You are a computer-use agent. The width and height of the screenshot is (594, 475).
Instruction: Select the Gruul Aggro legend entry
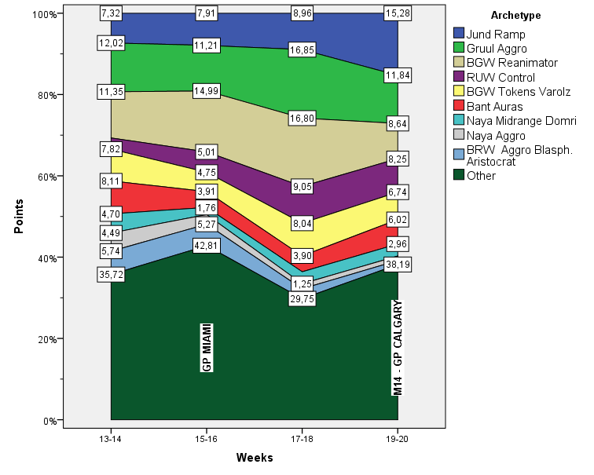point(495,48)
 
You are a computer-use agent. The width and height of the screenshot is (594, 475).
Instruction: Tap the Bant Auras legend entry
point(494,105)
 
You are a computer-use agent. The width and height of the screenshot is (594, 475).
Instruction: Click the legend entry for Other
point(481,175)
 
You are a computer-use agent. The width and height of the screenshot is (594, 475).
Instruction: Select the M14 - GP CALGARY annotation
point(398,348)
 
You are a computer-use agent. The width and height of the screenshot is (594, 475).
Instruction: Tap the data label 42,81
point(206,245)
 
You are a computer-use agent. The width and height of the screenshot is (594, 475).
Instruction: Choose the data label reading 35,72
point(110,276)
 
